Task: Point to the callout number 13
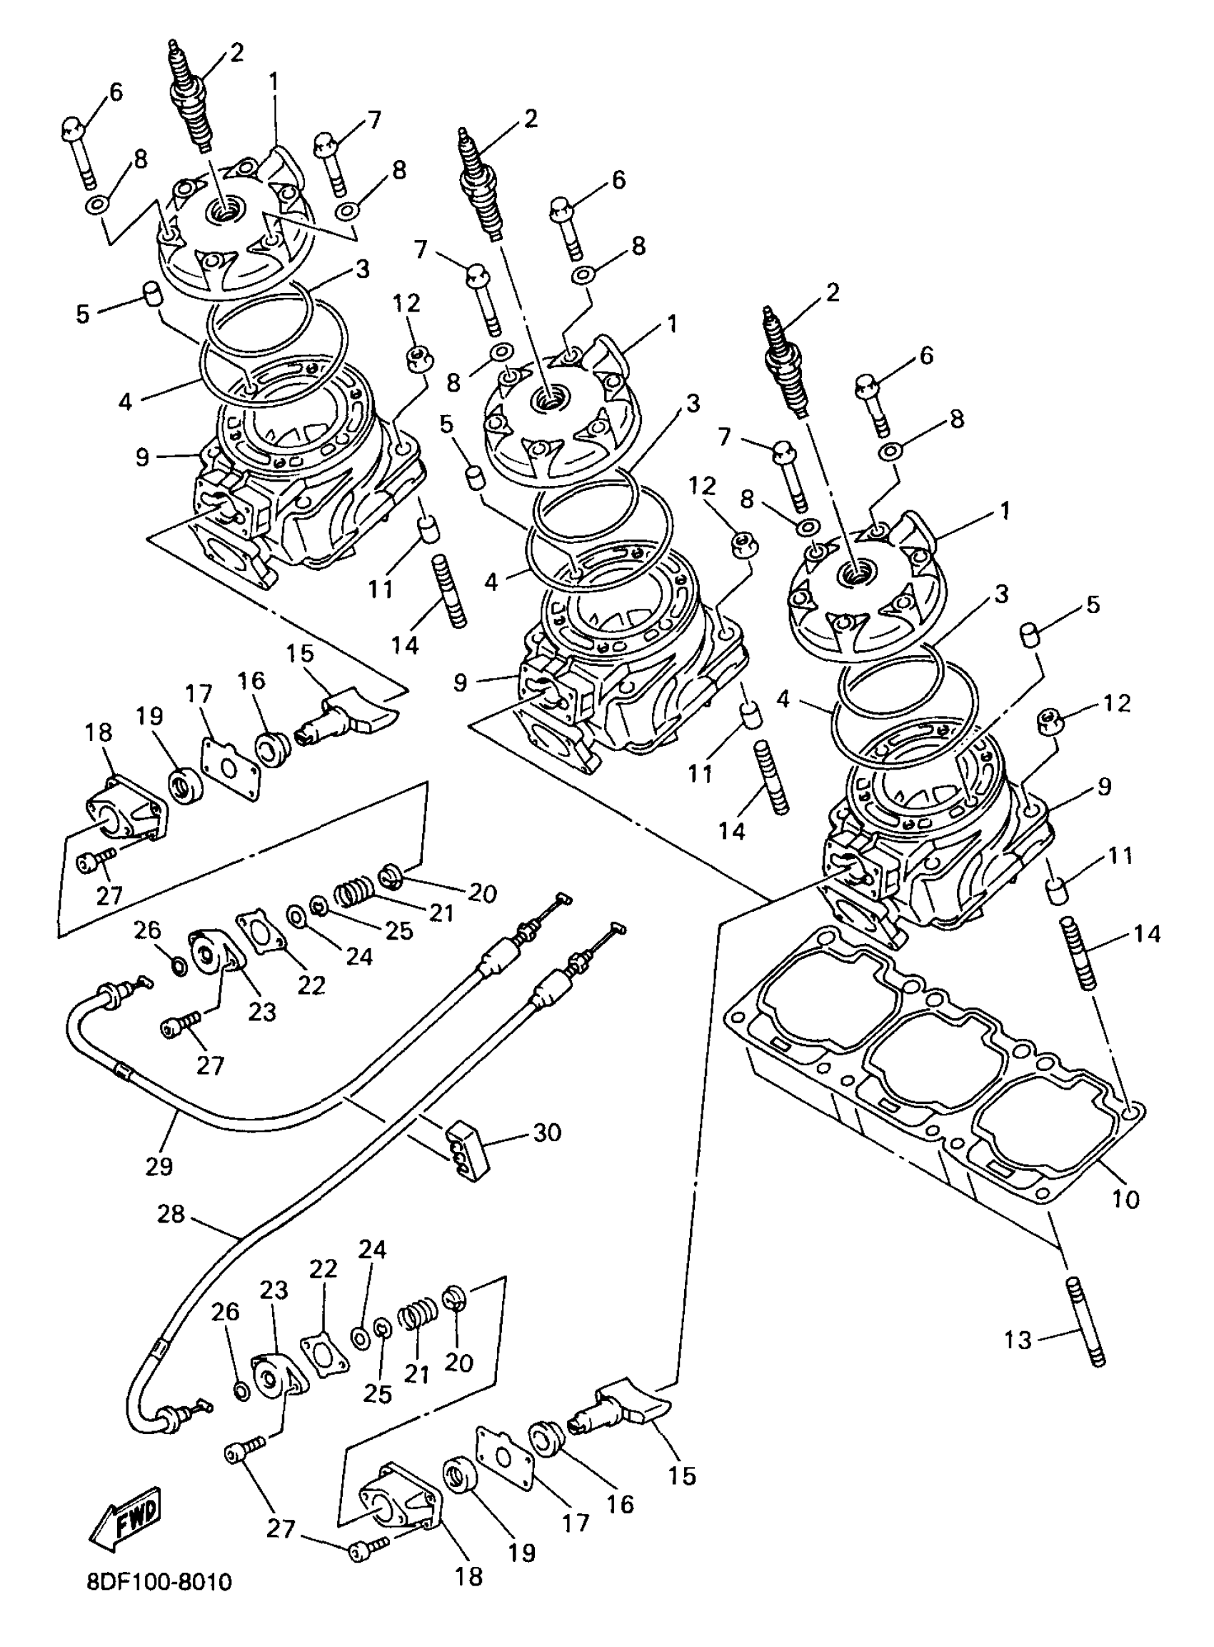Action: tap(1018, 1340)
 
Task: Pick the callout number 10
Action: tap(1124, 1199)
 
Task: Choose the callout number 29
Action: tap(159, 1165)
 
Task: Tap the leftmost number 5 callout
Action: tap(82, 314)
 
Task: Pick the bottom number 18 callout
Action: tap(469, 1575)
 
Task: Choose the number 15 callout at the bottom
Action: tap(683, 1475)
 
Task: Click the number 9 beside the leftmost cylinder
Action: tap(143, 457)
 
